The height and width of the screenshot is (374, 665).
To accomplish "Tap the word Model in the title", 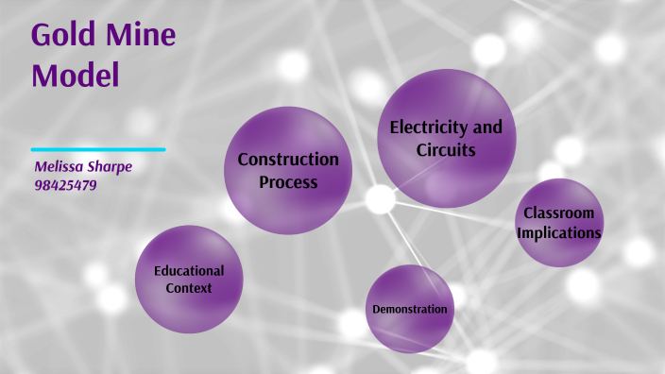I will click(76, 74).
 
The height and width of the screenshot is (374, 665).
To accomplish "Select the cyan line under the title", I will click(97, 149).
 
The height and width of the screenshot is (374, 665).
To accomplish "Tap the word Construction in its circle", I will click(288, 160).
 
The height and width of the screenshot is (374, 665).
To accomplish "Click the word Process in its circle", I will click(288, 181).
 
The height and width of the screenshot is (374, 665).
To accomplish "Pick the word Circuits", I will click(446, 149).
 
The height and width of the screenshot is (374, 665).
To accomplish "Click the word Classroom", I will click(559, 212).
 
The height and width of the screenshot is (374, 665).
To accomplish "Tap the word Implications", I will click(559, 231).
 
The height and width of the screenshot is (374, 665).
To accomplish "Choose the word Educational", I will click(189, 270).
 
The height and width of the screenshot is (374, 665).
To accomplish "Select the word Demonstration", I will click(410, 309).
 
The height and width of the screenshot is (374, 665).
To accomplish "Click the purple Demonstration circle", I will click(410, 331).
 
